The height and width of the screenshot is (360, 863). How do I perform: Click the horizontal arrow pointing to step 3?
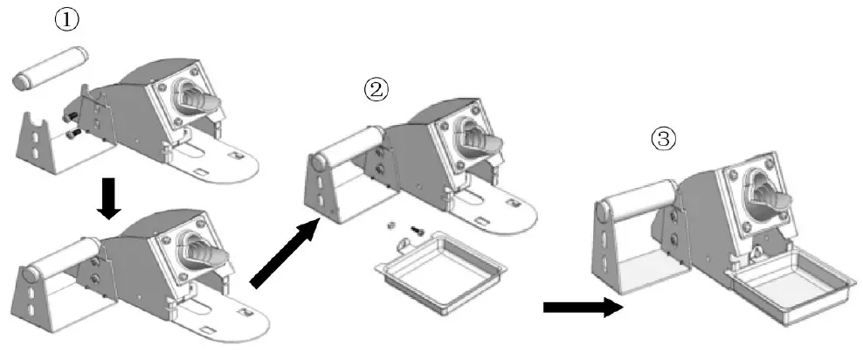pos(581,307)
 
